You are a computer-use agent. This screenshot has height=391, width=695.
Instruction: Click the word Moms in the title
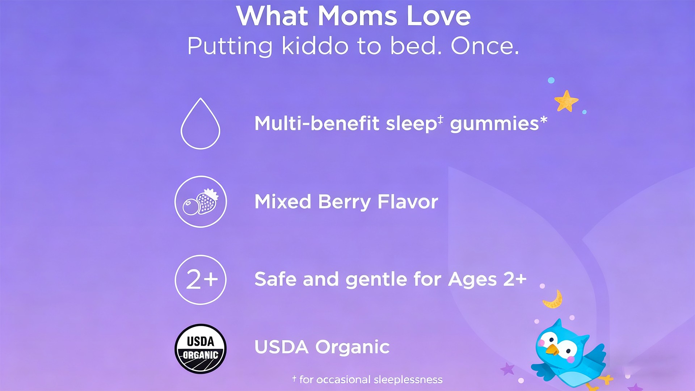coord(357,16)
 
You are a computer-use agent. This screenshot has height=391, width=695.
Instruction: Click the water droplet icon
coord(200,123)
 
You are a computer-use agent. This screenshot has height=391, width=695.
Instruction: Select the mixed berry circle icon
coord(201,202)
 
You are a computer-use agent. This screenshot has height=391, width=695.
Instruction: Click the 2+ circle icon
coord(201,280)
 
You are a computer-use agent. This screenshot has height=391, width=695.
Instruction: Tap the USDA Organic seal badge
coord(201,349)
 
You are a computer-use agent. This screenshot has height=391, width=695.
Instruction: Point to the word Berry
coord(344,202)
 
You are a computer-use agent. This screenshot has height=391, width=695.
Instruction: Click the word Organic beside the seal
coord(352,348)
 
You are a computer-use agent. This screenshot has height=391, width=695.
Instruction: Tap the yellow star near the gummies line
coord(566,101)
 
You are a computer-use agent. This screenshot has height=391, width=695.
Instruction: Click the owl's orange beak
coord(552,350)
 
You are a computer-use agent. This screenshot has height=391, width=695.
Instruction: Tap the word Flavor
coord(408,202)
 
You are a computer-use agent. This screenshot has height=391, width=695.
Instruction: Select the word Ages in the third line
coord(472,280)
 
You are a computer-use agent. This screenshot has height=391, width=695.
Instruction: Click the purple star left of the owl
coord(507,369)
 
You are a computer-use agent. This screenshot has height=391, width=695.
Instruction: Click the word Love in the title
coord(439,16)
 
